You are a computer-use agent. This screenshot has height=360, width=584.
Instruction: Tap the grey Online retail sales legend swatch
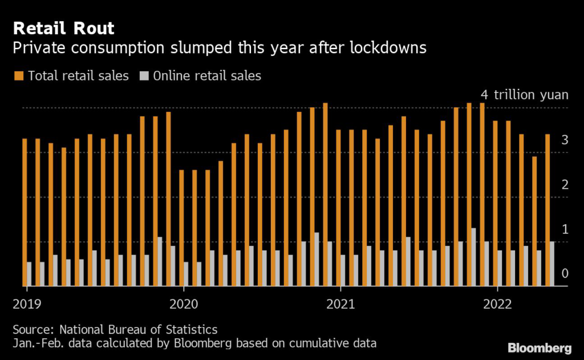[x=145, y=75]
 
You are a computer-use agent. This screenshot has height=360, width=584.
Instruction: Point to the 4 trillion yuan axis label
[x=525, y=95]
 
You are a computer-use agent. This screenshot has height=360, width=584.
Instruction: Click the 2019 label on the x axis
[x=26, y=303]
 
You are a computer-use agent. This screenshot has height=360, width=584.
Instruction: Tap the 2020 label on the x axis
[x=184, y=303]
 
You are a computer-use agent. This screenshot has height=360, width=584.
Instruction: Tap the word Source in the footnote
[x=31, y=329]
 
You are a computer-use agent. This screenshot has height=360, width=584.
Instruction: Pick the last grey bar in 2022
[x=551, y=264]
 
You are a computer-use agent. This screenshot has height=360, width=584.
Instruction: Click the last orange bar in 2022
[x=547, y=210]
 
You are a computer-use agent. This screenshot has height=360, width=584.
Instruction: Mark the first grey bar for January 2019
[x=29, y=274]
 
